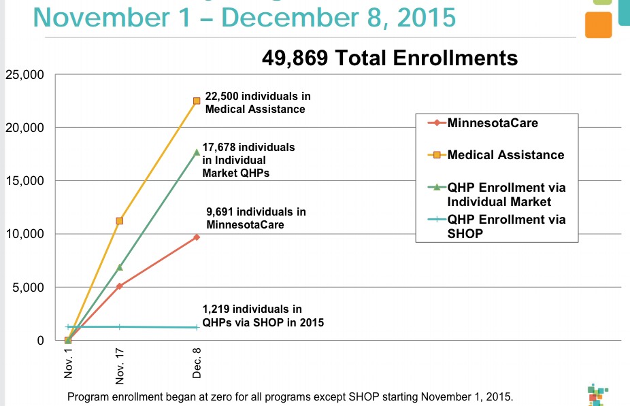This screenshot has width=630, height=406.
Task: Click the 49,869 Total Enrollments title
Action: (389, 58)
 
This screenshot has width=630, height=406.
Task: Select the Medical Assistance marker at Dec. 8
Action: (197, 101)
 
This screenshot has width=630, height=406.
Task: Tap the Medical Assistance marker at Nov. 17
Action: (120, 220)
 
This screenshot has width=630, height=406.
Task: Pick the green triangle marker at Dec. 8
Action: (197, 152)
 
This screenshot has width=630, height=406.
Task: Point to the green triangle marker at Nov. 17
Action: (120, 267)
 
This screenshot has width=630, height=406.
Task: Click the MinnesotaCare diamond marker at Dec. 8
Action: (197, 237)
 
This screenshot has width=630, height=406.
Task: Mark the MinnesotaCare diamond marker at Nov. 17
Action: (120, 286)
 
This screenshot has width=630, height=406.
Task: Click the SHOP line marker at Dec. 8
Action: (197, 327)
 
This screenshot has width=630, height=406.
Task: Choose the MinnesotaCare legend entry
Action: (493, 124)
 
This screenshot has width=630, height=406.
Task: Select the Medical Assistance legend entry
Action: (505, 155)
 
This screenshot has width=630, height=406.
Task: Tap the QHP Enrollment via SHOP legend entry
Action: (506, 226)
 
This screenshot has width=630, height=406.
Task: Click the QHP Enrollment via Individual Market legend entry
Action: (506, 194)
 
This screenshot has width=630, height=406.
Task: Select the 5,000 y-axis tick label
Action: (28, 287)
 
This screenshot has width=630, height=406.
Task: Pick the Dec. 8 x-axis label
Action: (197, 362)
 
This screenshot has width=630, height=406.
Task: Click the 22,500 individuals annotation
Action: (257, 103)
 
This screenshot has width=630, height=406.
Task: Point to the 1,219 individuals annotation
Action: (263, 316)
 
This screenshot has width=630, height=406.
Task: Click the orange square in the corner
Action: (598, 25)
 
